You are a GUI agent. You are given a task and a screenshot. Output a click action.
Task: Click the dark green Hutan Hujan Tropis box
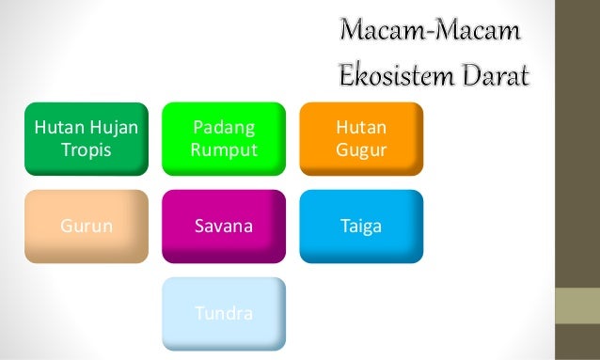(86, 138)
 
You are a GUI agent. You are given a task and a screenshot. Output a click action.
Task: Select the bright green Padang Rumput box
(223, 138)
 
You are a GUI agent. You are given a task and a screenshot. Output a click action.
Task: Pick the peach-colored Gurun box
(86, 227)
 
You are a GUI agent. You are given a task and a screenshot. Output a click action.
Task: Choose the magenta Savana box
(223, 227)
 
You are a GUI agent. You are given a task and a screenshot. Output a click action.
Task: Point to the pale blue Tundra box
(223, 314)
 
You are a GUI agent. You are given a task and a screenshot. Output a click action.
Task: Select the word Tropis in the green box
(86, 149)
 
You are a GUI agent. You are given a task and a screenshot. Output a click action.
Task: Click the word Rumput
(223, 149)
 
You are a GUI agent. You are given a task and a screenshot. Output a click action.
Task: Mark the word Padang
(223, 128)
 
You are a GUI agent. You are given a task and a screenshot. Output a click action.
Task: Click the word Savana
(223, 227)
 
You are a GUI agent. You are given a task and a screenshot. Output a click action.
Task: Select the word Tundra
(223, 314)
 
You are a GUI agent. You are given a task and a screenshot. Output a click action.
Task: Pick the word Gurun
(86, 227)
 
